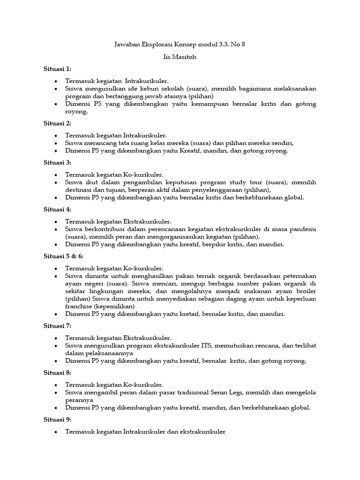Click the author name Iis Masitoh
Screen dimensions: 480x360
180,57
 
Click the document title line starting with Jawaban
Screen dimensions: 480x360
180,45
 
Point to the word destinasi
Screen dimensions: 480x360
81,190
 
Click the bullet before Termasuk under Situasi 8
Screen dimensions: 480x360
56,385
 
